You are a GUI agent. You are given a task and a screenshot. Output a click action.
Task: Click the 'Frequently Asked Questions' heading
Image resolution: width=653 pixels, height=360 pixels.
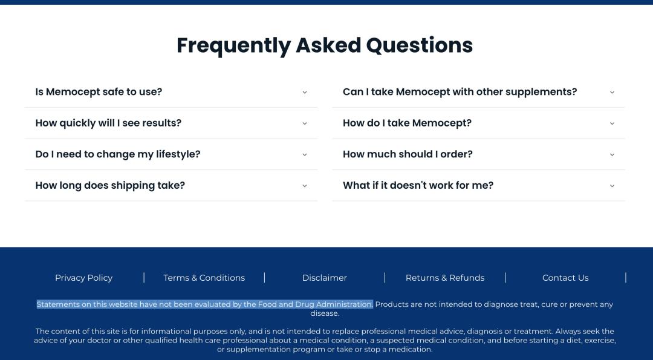pos(325,45)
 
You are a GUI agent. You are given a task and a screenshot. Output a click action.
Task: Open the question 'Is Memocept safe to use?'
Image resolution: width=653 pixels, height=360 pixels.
pos(99,92)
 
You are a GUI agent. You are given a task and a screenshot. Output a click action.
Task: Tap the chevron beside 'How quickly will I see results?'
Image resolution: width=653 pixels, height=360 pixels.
pos(304,123)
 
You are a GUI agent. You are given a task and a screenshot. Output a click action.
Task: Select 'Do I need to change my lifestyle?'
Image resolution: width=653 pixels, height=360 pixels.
pos(118,154)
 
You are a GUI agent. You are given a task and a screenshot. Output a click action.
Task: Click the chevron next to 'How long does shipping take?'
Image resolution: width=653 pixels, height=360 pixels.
pos(304,186)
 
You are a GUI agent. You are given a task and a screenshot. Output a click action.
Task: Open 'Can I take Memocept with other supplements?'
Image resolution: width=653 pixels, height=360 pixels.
pos(460,92)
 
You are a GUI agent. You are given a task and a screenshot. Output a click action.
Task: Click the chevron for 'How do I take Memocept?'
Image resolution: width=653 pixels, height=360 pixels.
pos(612,123)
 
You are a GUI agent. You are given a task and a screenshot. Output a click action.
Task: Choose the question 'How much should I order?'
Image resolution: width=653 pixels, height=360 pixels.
pos(408,154)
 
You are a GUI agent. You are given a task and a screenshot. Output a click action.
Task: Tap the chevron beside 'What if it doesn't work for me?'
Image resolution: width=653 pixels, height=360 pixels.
pos(612,186)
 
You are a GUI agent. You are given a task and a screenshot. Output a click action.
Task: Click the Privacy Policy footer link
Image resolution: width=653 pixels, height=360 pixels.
pos(83,278)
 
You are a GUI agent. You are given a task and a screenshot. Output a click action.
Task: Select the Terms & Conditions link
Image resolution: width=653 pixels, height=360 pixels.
pos(204,278)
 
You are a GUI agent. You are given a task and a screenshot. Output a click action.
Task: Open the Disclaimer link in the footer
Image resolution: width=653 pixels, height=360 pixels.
pos(325,278)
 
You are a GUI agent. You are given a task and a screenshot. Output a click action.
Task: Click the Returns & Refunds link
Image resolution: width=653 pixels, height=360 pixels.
pos(445,278)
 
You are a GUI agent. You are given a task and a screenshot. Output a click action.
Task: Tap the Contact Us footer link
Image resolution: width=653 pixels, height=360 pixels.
pos(565,278)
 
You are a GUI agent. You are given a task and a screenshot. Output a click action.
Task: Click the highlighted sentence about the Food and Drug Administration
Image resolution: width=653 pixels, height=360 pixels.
pos(204,304)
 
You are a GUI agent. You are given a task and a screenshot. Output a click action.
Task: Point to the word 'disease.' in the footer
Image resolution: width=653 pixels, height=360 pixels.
pos(325,313)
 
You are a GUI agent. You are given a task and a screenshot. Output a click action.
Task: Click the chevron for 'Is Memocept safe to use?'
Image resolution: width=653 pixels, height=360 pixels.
pos(304,93)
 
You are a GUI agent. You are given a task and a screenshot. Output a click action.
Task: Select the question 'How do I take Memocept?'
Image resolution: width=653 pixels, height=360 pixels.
pos(407,123)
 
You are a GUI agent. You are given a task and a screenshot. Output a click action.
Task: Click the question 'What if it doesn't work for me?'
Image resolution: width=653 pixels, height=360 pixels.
pos(418,186)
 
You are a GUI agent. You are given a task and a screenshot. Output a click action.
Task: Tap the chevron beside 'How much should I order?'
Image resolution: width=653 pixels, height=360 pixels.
pos(612,155)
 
